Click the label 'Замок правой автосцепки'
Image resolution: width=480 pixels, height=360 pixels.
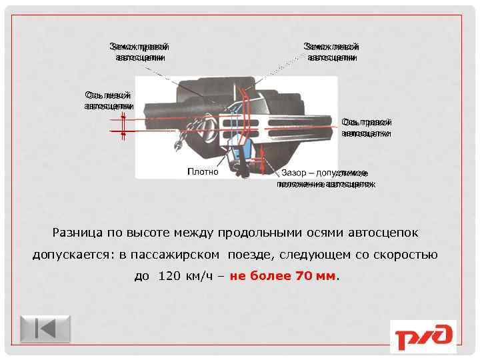coord(139,52)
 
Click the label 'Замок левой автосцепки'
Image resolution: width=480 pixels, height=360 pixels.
coord(331,52)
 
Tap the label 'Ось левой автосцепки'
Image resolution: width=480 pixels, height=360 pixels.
coord(109,100)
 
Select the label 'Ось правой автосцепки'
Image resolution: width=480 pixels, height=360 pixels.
coord(366,127)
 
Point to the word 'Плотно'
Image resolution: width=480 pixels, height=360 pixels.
coord(203,172)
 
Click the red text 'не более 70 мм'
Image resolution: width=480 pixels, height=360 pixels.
coord(283,276)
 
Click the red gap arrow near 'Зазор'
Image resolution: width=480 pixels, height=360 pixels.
coord(264,160)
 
